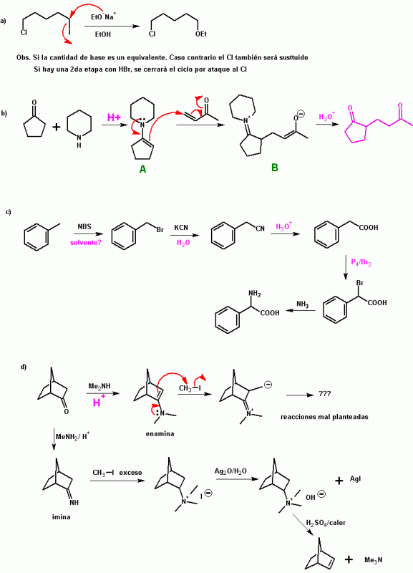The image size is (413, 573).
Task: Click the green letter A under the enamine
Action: tap(142, 169)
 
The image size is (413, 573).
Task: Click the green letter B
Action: tap(275, 168)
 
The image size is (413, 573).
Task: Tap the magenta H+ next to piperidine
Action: tap(114, 117)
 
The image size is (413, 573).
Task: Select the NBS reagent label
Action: tap(84, 226)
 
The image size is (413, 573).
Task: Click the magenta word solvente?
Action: tap(86, 242)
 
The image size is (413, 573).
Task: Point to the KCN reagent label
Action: tap(181, 227)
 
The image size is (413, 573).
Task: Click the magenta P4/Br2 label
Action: tap(361, 262)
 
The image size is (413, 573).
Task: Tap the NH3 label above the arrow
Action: tap(302, 304)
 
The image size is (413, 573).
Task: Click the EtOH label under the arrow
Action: tap(103, 34)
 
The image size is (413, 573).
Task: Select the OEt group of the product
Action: tap(201, 34)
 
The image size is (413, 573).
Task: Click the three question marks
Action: tap(325, 394)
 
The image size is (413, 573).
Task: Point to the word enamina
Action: tap(160, 434)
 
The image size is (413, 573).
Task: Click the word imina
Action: tap(61, 516)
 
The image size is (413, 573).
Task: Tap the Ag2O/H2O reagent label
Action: tap(230, 471)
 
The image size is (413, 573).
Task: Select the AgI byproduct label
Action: tap(355, 478)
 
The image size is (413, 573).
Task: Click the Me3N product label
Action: tap(374, 560)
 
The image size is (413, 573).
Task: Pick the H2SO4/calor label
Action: tap(326, 523)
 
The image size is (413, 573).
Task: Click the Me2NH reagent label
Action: tap(99, 386)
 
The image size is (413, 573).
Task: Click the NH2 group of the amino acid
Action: tap(255, 294)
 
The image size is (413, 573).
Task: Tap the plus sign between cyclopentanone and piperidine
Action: tap(57, 127)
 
